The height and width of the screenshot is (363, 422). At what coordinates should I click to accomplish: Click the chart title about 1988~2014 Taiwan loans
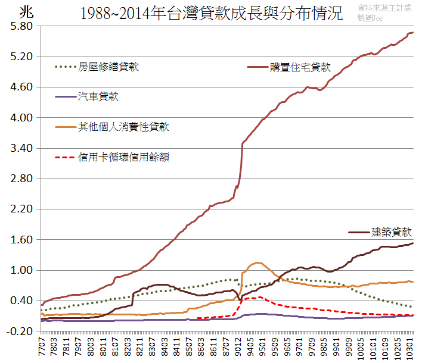211,13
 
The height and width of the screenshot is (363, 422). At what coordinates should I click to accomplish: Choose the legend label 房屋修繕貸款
108,67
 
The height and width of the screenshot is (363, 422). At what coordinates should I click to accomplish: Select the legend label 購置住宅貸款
300,67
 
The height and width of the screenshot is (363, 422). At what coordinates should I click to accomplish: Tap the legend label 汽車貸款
98,96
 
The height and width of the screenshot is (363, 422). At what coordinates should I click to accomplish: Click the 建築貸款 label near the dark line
392,232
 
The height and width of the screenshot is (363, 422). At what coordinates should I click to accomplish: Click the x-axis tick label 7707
42,348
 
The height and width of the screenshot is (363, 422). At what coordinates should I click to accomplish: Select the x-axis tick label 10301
410,349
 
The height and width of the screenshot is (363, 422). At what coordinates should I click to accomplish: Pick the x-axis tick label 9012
238,348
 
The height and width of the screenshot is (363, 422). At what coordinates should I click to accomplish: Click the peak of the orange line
257,262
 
